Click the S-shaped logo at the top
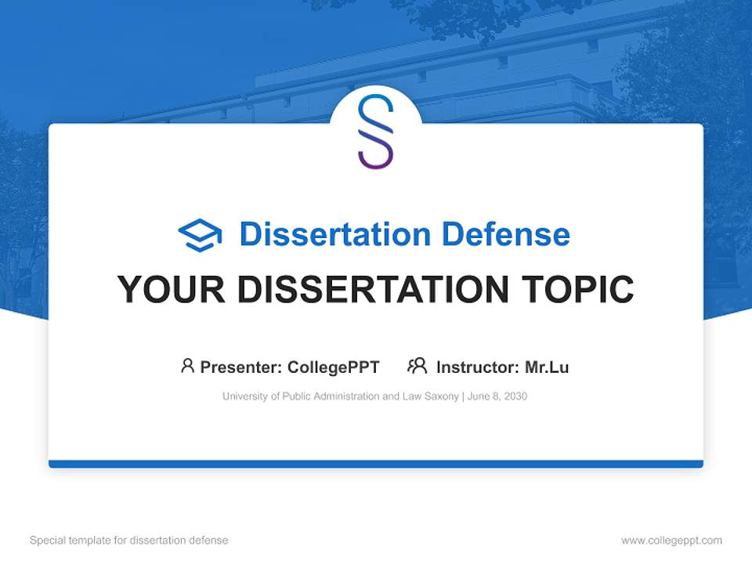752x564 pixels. coord(375,132)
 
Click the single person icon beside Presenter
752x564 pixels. coord(187,366)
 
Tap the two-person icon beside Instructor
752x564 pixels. coord(417,366)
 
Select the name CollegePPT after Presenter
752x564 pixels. coord(334,367)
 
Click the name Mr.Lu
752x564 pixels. coord(547,367)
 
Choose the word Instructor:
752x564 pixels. coord(477,367)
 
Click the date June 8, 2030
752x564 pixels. coord(498,396)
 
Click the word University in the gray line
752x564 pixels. coord(245,396)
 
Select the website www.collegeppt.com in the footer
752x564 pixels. coord(671,540)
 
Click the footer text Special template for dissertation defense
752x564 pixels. coord(129,540)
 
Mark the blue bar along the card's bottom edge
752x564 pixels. coord(376,464)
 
